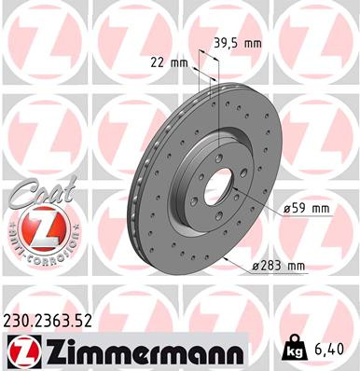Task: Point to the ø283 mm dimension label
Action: point(279,267)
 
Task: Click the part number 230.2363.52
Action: point(54,323)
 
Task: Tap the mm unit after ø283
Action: point(295,267)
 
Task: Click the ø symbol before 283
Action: point(256,267)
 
